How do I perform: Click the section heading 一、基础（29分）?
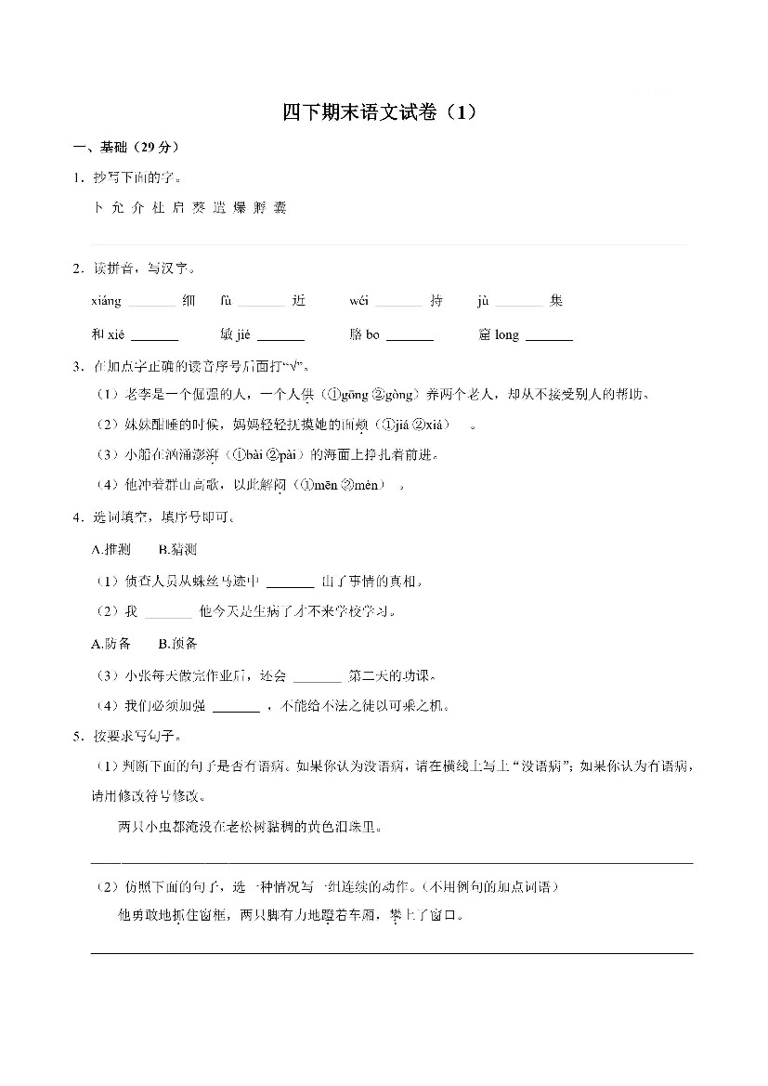pos(127,148)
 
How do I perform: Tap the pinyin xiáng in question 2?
pos(106,301)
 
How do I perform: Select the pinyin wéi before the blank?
pos(358,301)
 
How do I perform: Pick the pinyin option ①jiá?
pos(397,425)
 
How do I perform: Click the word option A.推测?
pos(111,550)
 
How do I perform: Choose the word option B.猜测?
pos(176,550)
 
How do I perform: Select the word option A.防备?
pos(111,644)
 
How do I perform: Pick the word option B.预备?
pos(176,644)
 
